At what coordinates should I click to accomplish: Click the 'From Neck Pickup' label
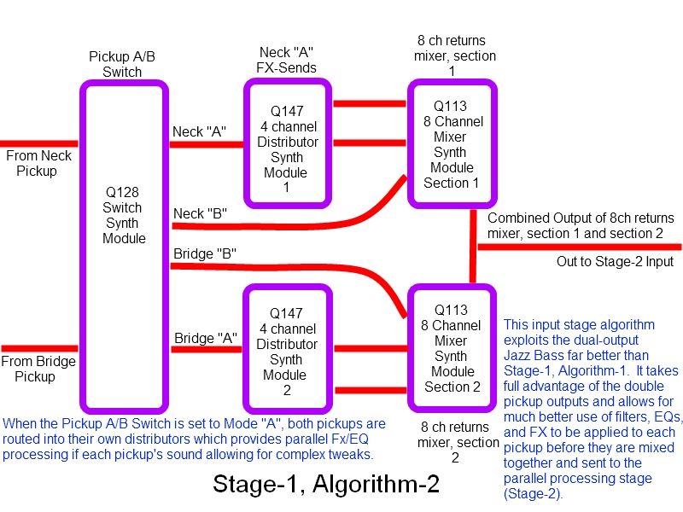[x=38, y=163]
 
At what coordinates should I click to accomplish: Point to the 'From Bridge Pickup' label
[x=38, y=369]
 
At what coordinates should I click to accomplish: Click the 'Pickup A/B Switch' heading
[x=122, y=64]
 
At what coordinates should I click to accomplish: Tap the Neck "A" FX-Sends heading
[x=286, y=60]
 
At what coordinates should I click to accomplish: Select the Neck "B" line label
[x=200, y=213]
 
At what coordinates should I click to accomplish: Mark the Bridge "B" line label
[x=205, y=253]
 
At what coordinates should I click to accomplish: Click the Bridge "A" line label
[x=206, y=338]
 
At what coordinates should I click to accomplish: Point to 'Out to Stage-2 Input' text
[x=615, y=261]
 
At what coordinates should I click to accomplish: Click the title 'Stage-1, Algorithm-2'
[x=326, y=483]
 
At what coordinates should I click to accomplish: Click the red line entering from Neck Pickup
[x=39, y=143]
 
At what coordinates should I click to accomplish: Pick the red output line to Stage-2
[x=580, y=247]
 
